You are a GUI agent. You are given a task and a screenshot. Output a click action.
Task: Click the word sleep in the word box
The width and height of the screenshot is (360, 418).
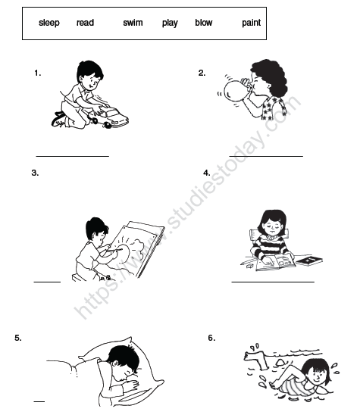click(49, 23)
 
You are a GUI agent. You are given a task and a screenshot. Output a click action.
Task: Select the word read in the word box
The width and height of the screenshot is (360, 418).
click(85, 23)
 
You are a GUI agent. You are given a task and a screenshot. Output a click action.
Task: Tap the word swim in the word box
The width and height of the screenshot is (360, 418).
click(133, 23)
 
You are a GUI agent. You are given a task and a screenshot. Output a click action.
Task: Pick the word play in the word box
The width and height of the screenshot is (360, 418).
click(170, 23)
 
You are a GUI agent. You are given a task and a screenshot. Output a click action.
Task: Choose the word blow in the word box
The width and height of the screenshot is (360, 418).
click(203, 23)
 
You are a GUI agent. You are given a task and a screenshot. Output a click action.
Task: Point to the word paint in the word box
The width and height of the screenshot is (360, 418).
click(251, 23)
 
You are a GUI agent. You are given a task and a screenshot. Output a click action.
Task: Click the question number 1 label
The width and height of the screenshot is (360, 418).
click(38, 73)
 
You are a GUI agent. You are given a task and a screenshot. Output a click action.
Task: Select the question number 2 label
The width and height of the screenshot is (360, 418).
click(202, 73)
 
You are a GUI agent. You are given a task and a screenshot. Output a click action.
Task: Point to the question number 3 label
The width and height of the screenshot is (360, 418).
click(35, 173)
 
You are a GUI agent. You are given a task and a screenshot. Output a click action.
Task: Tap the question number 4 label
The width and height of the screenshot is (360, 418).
click(206, 173)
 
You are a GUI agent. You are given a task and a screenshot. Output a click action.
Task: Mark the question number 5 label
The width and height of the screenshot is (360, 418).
click(17, 338)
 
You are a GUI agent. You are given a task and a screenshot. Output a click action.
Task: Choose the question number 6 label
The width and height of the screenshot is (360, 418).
click(211, 338)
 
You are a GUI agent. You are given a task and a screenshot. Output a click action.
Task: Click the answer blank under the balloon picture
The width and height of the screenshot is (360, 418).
click(266, 154)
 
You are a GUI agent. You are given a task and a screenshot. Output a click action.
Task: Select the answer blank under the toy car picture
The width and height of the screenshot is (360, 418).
click(73, 155)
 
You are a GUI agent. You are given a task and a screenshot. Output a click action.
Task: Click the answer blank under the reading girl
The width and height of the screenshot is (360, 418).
click(272, 281)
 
